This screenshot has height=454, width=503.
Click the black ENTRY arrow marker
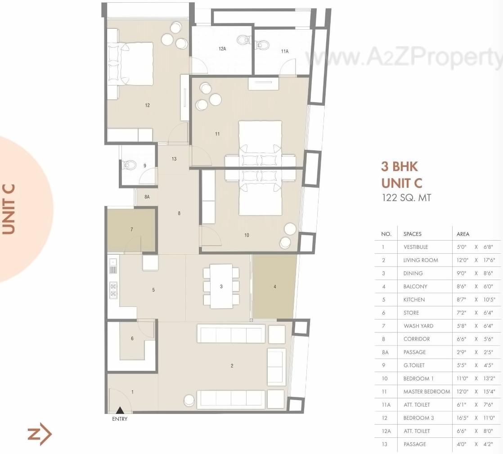pos(120,410)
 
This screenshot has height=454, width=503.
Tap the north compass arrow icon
pos(40,434)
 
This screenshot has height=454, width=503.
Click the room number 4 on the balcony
pos(275,287)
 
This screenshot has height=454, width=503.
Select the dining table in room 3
pos(221,286)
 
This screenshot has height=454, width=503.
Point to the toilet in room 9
pos(130,165)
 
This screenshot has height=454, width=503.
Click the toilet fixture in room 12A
pos(243,40)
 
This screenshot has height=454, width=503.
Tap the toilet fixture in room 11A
pos(262,44)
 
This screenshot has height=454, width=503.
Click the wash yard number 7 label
pos(132,229)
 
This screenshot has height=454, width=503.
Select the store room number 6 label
pos(132,338)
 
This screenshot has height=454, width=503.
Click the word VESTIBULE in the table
pos(415,247)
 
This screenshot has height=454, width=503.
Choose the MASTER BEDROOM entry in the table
pos(427,391)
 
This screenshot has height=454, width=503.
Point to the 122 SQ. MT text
pos(406,197)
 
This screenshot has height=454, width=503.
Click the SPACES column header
pos(412,234)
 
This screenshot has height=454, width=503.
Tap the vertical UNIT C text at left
pos(9,209)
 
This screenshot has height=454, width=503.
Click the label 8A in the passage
pos(147,197)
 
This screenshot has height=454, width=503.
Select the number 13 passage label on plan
pos(174,159)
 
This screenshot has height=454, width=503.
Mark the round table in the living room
pos(189,399)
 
